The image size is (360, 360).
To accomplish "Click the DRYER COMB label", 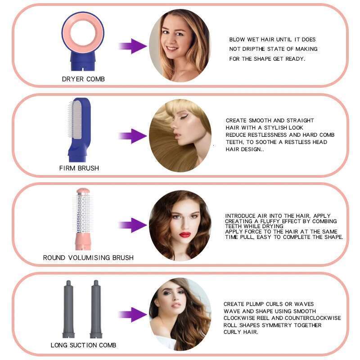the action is tap(83, 79).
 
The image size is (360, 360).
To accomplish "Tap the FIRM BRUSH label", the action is tap(79, 168).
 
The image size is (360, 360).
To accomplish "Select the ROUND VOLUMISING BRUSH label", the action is tap(88, 257).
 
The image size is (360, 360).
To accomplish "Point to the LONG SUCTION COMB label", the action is tap(83, 345).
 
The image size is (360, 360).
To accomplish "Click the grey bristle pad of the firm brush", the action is tap(76, 119).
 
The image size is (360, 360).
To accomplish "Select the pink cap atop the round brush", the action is tap(83, 191).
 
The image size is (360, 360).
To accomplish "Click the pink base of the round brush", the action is tap(83, 242).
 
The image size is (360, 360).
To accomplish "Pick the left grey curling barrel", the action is tap(68, 309).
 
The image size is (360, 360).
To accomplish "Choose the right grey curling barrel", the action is tap(96, 309).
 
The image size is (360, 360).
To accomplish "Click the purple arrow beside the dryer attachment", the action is tap(132, 46).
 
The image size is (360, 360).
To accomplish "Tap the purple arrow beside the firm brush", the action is tap(132, 136).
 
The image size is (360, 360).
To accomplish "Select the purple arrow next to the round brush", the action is tap(132, 225).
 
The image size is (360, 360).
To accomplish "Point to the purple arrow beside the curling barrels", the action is tap(132, 315).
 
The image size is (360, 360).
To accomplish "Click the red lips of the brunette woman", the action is tap(185, 234).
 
